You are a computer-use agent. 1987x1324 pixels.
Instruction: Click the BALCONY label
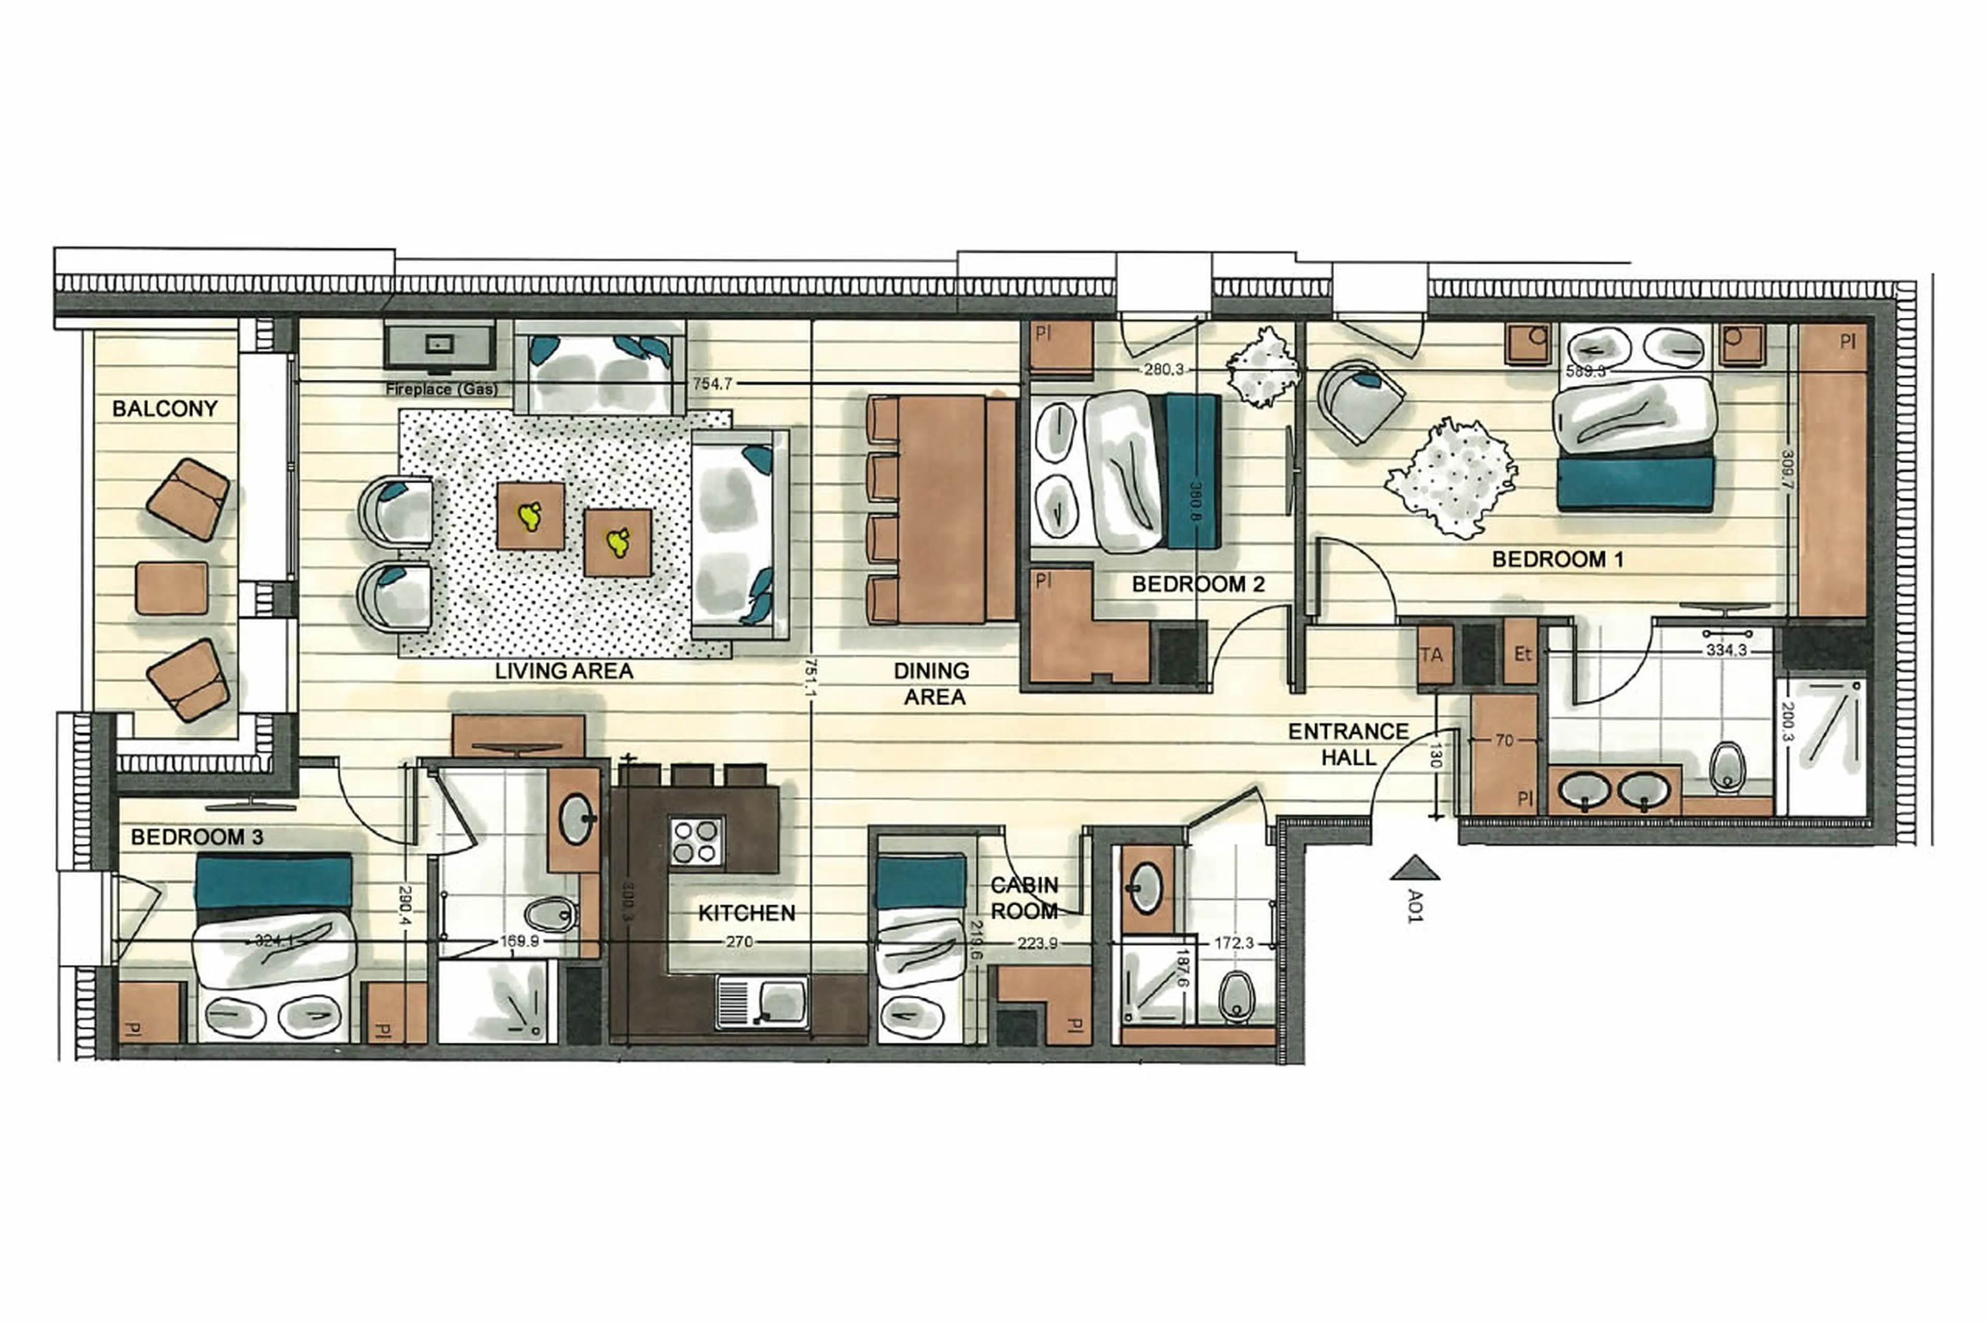coord(165,409)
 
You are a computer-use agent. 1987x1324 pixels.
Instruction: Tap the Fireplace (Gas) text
coord(441,389)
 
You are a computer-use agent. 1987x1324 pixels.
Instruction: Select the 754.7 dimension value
coord(712,383)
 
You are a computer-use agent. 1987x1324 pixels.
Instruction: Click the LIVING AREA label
coord(564,671)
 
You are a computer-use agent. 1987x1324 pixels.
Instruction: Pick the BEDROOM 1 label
coord(1557,559)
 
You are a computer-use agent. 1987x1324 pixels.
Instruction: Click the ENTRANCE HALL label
coord(1348,744)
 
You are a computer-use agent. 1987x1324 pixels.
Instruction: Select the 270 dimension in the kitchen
coord(739,942)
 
